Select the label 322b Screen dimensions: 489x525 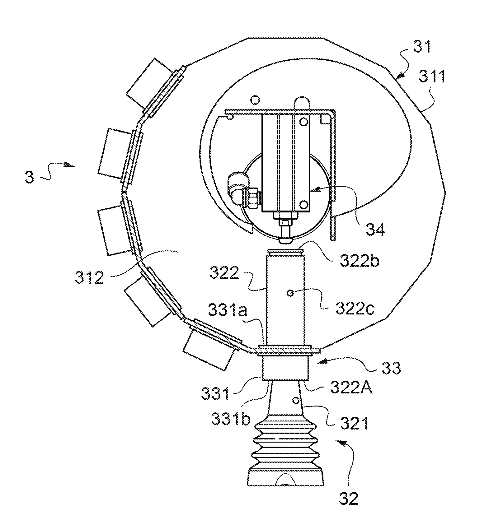pos(359,261)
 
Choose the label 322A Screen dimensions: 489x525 pos(351,388)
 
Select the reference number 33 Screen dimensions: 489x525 pos(391,368)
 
